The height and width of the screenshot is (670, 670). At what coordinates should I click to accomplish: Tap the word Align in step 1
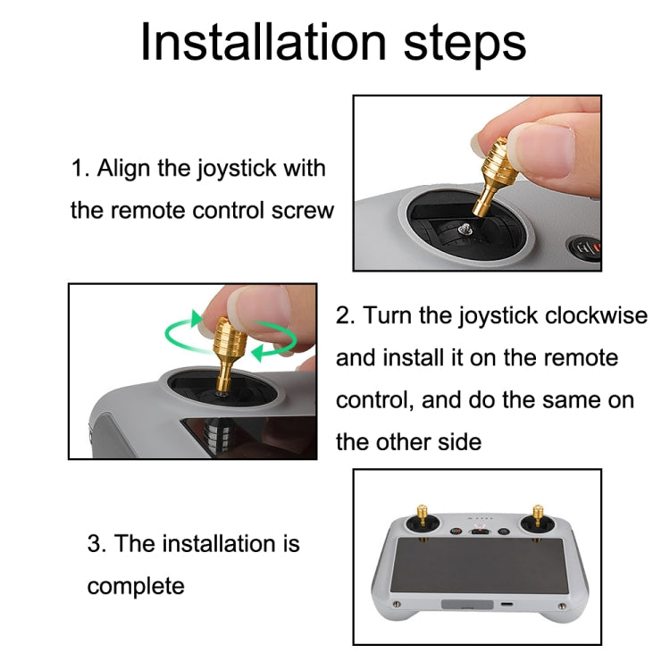pyautogui.click(x=123, y=169)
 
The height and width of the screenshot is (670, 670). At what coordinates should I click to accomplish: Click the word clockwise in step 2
pyautogui.click(x=596, y=315)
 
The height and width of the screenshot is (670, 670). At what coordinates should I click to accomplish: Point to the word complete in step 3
pyautogui.click(x=136, y=586)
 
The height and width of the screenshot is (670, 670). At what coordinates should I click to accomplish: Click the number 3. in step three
pyautogui.click(x=97, y=544)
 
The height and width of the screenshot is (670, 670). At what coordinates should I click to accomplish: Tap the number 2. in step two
pyautogui.click(x=345, y=315)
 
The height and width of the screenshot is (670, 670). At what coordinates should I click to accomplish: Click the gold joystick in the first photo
pyautogui.click(x=495, y=174)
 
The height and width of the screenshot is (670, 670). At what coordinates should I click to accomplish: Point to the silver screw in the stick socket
pyautogui.click(x=464, y=230)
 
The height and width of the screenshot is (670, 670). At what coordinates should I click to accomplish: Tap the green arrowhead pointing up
pyautogui.click(x=197, y=318)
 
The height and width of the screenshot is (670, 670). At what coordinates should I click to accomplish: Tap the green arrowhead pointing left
pyautogui.click(x=258, y=354)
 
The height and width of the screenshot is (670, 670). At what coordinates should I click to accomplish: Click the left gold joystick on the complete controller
pyautogui.click(x=423, y=515)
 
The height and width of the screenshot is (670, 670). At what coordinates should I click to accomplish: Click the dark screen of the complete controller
pyautogui.click(x=479, y=565)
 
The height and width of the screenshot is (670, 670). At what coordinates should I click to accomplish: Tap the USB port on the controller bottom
pyautogui.click(x=507, y=605)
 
